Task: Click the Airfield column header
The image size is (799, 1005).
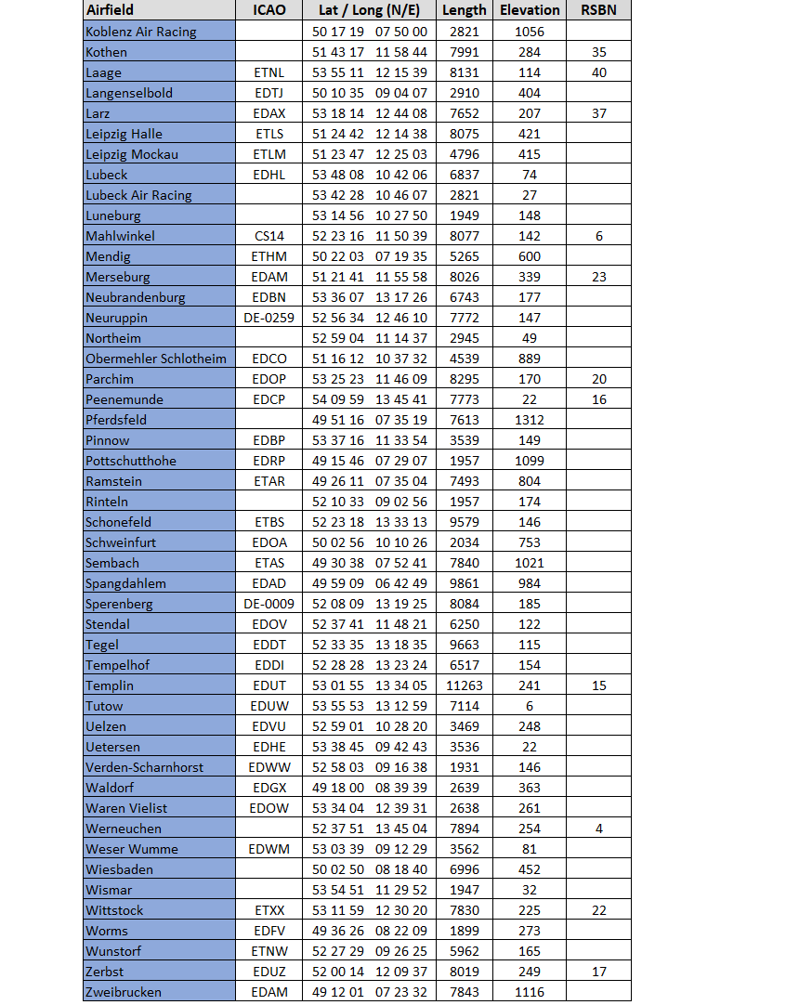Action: click(110, 10)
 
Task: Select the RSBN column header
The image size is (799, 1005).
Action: click(598, 10)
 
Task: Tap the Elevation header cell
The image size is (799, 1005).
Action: click(530, 10)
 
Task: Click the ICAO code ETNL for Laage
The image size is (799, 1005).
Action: click(269, 72)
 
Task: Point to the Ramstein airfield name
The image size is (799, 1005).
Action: click(108, 481)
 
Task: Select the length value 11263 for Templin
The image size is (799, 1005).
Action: click(465, 685)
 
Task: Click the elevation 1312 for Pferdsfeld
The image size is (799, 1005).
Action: click(530, 420)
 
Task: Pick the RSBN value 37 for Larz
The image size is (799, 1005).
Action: click(598, 113)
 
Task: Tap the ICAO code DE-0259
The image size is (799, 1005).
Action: click(269, 318)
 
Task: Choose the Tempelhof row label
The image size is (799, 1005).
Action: click(117, 665)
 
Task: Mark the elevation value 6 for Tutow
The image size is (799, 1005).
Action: click(530, 706)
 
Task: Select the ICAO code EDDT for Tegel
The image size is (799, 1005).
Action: click(269, 645)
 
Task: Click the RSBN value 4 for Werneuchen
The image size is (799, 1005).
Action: click(598, 829)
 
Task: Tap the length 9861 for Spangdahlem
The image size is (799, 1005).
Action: click(465, 583)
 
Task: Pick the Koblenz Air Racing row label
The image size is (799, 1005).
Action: click(141, 32)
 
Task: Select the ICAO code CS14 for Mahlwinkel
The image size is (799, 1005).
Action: click(269, 236)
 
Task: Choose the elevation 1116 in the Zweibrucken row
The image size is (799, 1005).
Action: click(530, 992)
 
